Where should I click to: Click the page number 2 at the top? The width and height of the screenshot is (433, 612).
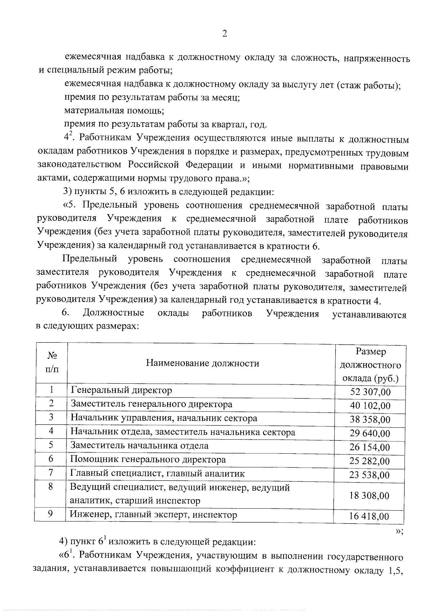pos(224,34)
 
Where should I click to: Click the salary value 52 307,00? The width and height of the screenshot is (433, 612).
pos(370,392)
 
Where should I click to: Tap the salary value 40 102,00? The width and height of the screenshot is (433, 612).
pos(370,406)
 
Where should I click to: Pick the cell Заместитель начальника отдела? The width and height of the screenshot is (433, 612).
pos(139,445)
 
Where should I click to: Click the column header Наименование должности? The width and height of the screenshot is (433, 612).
pos(202,363)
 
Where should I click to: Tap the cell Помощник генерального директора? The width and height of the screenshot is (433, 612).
pos(148,459)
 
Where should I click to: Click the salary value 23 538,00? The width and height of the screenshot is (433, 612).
pos(370,475)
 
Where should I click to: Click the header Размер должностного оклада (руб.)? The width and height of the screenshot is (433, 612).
pos(370,364)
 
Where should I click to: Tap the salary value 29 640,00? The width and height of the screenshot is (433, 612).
pos(370,433)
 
